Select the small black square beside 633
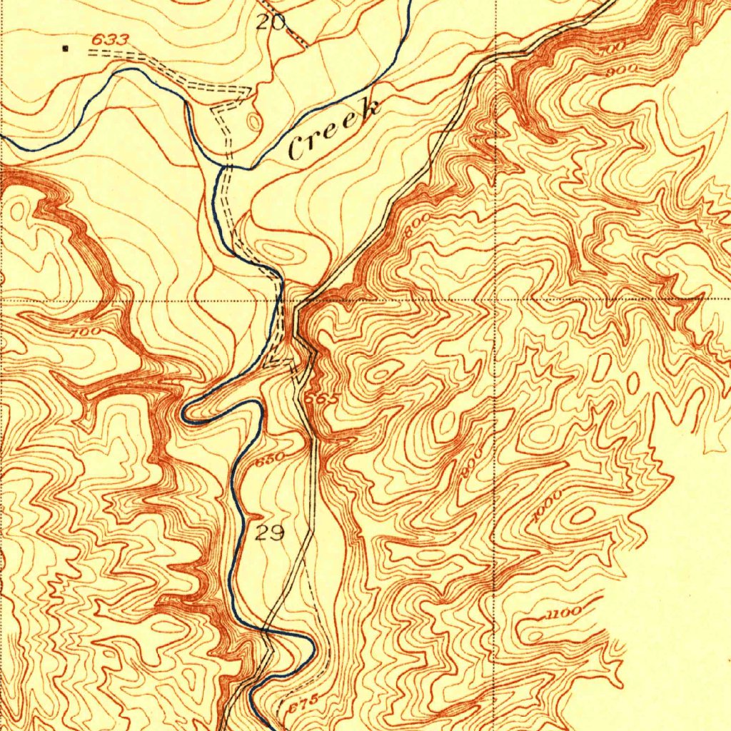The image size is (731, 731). tap(66, 49)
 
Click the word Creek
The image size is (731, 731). tap(334, 129)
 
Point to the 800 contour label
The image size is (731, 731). tap(414, 227)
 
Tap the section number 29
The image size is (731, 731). tap(270, 533)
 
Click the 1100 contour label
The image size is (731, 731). tap(564, 612)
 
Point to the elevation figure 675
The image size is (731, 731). tap(302, 701)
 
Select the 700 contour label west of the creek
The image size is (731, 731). tap(86, 332)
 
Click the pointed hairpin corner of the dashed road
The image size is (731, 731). tap(248, 91)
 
